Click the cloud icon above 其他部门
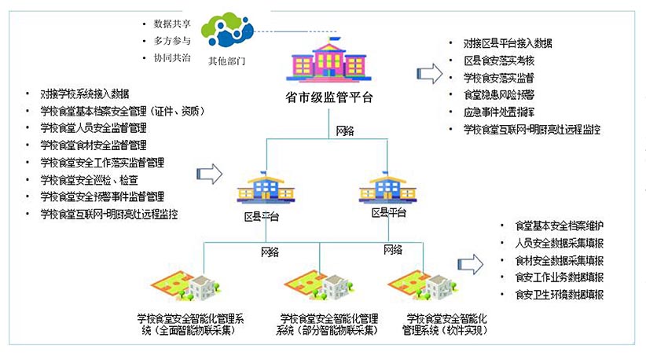click(x=227, y=29)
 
